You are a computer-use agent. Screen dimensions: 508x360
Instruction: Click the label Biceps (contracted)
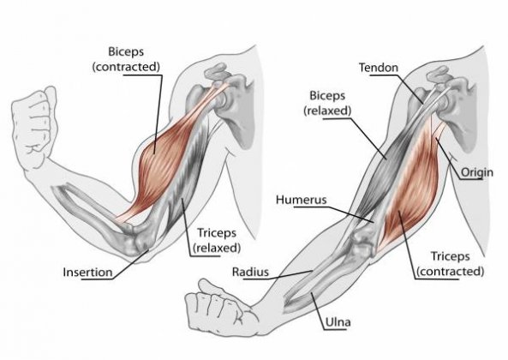tap(126, 59)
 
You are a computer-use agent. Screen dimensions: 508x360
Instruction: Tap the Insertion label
tap(87, 273)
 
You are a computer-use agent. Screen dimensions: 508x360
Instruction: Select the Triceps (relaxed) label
tap(217, 241)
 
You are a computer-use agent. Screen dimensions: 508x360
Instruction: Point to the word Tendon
tap(379, 68)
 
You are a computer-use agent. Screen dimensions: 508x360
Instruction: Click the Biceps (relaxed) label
tap(327, 103)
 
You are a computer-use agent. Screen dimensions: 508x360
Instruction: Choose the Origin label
tap(477, 172)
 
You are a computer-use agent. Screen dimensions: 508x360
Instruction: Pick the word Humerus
tap(301, 200)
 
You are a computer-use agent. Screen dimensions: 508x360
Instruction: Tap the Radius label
tap(250, 272)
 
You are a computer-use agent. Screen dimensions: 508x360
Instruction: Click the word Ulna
tap(338, 322)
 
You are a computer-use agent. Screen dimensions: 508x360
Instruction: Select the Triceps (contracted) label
tap(450, 264)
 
